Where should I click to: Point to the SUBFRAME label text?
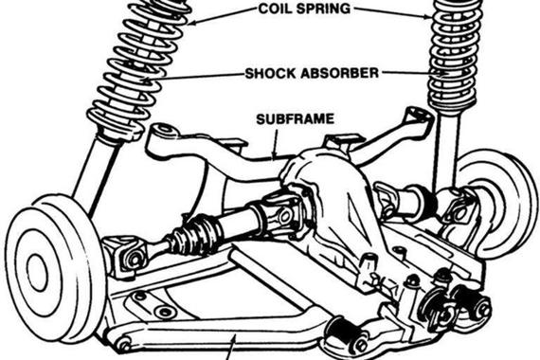point(296,119)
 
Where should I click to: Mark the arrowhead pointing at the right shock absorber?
point(443,73)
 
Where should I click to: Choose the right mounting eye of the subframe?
point(418,115)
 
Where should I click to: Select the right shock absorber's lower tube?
point(446,152)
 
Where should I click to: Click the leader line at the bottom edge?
point(232,349)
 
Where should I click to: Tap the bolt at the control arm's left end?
point(123,347)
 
